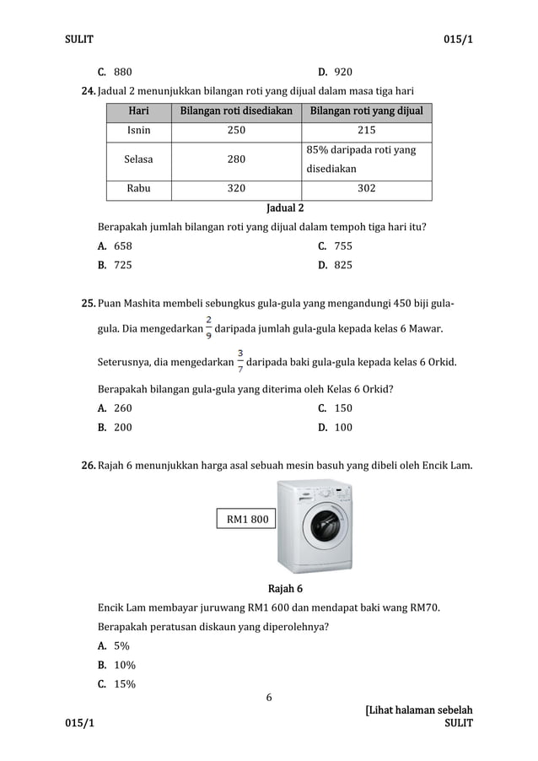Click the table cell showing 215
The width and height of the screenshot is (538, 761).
[x=366, y=131]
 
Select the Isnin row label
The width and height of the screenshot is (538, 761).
[x=138, y=131]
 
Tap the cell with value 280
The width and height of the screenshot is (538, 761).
[x=237, y=159]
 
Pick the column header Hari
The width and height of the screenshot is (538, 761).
[x=138, y=111]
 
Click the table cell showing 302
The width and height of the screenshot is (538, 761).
[x=366, y=188]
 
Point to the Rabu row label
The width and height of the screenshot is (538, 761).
[x=138, y=188]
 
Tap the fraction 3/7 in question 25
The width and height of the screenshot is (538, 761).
[x=240, y=361]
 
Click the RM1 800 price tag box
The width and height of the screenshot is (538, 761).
[x=247, y=519]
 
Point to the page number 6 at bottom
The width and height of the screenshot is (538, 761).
[x=269, y=697]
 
